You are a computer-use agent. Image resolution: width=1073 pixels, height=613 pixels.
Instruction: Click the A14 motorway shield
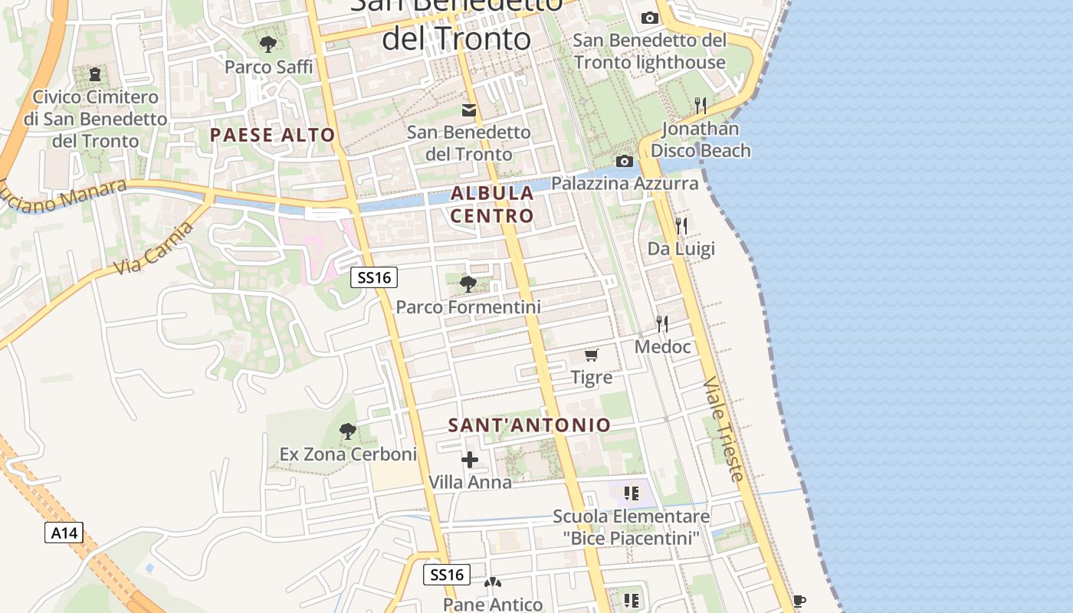click(x=64, y=533)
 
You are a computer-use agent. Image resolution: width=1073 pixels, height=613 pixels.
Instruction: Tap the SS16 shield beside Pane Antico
click(x=447, y=575)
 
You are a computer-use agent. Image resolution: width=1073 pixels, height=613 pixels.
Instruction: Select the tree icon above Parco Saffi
click(x=268, y=44)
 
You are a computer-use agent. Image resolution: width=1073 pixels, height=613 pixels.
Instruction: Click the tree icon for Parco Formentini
click(x=468, y=284)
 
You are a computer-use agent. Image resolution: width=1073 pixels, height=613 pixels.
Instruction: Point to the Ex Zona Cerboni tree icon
click(x=348, y=431)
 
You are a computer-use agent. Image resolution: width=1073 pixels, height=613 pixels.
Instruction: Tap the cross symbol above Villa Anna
click(x=470, y=460)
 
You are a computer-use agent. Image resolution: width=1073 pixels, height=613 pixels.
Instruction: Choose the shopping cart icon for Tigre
click(x=592, y=355)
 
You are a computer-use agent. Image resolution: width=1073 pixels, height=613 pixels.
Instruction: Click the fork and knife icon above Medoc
click(x=662, y=324)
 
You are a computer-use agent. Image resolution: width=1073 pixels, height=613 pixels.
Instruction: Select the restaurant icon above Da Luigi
click(x=681, y=225)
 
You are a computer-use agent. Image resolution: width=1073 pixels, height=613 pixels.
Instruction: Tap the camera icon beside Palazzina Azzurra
click(x=625, y=161)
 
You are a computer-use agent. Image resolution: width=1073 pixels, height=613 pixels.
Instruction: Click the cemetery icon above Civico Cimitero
click(x=95, y=74)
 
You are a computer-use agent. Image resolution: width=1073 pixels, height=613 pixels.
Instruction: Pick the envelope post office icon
click(x=469, y=110)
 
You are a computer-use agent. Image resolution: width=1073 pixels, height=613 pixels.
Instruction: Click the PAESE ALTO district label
click(x=273, y=136)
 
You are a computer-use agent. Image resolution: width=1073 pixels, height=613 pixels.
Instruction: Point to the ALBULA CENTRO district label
click(x=492, y=204)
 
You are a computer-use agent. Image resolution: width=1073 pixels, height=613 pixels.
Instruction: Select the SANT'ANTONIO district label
click(x=530, y=425)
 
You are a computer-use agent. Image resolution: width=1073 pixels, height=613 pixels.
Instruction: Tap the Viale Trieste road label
click(x=724, y=429)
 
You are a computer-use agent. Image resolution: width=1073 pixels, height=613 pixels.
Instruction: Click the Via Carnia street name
click(x=153, y=249)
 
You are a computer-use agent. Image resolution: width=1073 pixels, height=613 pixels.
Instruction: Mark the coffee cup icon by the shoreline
click(x=799, y=601)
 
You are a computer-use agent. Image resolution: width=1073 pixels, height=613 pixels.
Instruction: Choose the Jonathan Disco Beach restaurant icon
click(x=700, y=105)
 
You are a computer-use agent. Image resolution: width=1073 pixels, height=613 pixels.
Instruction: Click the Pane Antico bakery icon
click(x=492, y=584)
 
